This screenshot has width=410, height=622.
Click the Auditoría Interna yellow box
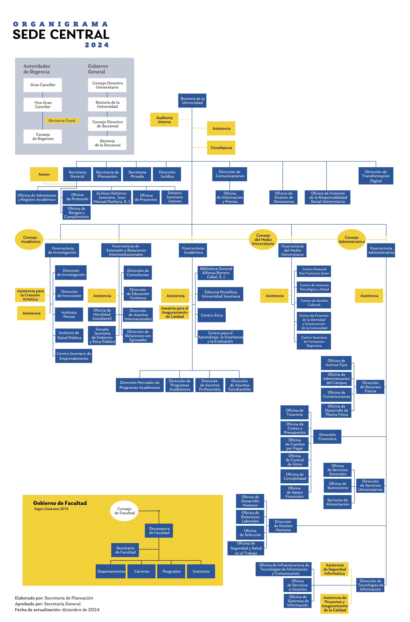[x=164, y=120]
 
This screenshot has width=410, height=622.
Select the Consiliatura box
[x=221, y=148]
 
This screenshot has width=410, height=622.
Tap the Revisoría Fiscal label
[x=62, y=120]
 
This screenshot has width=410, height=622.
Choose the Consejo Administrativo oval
[x=352, y=239]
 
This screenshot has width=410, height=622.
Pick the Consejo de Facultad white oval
[x=124, y=511]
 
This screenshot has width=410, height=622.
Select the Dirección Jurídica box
[x=167, y=174]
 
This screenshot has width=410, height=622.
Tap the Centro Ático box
[x=212, y=315]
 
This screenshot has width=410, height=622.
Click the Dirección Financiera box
[x=327, y=437]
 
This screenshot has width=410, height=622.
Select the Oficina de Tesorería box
[x=295, y=412]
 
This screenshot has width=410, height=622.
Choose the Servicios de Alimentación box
[x=337, y=502]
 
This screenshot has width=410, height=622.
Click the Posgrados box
[x=171, y=571]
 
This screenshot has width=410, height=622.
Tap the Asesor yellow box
[x=44, y=174]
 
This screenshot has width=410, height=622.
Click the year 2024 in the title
[x=97, y=45]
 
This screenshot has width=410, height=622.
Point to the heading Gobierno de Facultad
[x=60, y=503]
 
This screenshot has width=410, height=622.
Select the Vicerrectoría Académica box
[x=193, y=250]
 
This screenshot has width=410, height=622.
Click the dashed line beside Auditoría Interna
[x=185, y=119]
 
